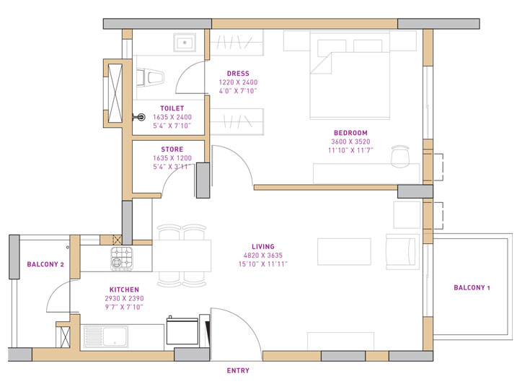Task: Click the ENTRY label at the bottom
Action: (238, 370)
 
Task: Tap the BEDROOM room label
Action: (350, 133)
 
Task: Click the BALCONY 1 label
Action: (472, 288)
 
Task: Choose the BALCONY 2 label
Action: (45, 265)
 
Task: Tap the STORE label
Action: (172, 149)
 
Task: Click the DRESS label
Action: (237, 74)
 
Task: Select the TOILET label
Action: (172, 108)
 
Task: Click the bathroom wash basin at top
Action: (185, 43)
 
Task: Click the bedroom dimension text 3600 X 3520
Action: (350, 141)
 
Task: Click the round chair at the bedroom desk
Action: (401, 154)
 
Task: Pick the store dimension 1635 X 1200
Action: (172, 158)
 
